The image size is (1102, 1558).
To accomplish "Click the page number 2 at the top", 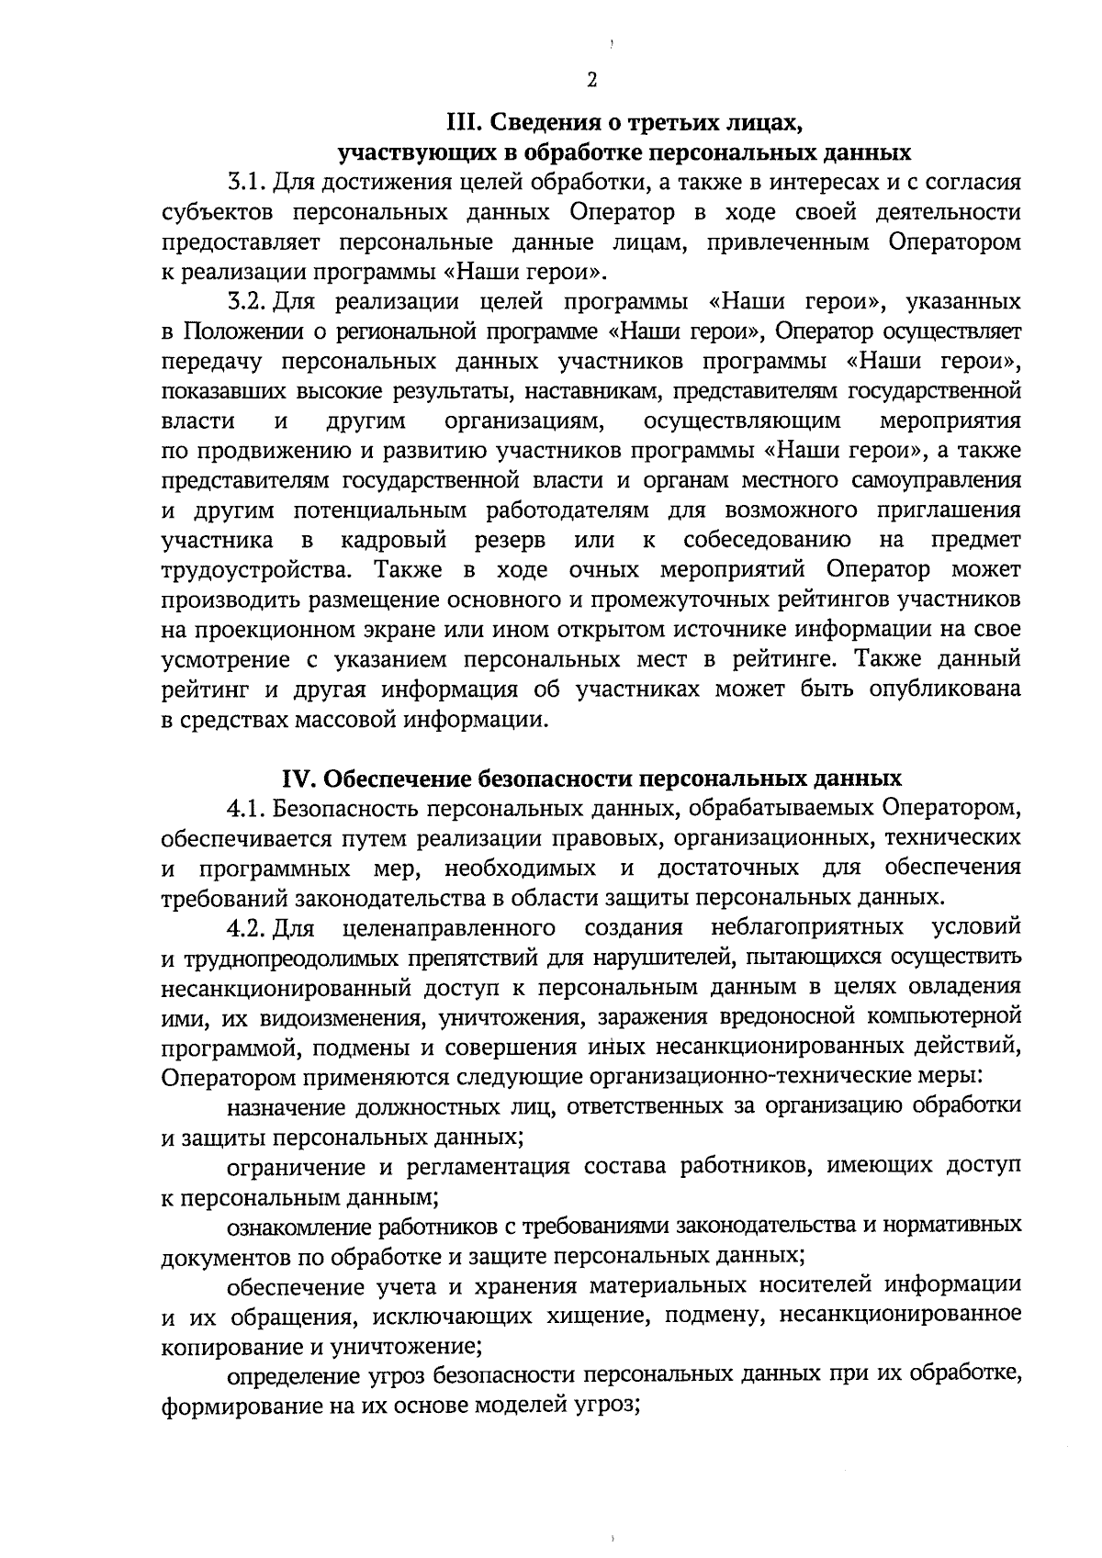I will (x=591, y=80).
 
